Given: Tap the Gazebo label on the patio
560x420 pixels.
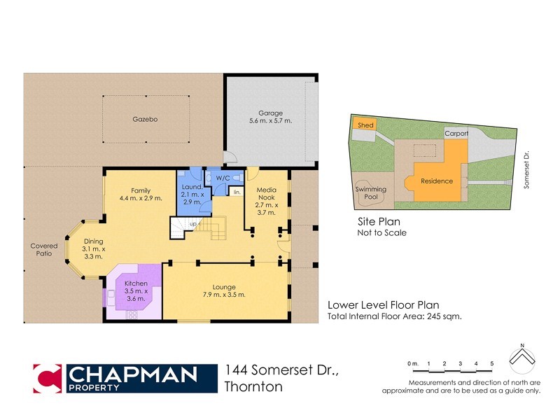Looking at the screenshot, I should click(x=145, y=120).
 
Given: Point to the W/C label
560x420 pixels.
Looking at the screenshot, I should click(x=223, y=178).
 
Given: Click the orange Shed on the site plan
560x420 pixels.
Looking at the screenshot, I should click(x=365, y=125).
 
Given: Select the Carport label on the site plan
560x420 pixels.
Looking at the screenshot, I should click(x=456, y=132).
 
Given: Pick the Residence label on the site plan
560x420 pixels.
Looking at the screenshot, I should click(x=436, y=181).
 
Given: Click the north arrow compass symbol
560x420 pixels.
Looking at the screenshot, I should click(x=523, y=361).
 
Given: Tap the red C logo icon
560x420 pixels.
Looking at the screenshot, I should click(x=48, y=378).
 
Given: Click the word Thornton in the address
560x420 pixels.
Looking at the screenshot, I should click(x=254, y=386).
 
